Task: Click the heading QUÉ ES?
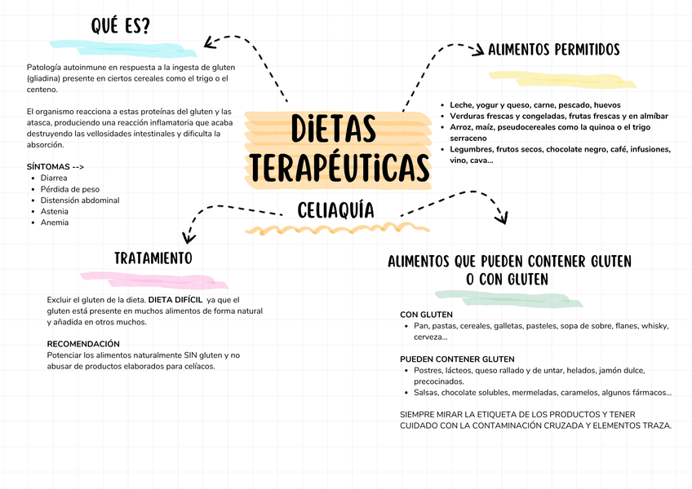pos(121,26)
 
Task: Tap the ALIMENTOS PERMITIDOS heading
pos(553,51)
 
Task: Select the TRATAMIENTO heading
pos(153,258)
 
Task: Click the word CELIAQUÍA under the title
pos(336,210)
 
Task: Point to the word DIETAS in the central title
pos(334,130)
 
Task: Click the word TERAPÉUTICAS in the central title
pos(340,167)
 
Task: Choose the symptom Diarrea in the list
pos(55,178)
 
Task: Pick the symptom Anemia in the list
pos(55,222)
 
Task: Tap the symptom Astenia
pos(55,211)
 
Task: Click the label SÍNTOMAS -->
pos(55,166)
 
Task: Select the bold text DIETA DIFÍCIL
pos(175,300)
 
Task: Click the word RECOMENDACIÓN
pos(83,344)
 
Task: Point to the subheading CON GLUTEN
pos(426,315)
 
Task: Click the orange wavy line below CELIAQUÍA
pos(326,228)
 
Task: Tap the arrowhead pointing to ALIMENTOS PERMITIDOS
pos(478,51)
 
